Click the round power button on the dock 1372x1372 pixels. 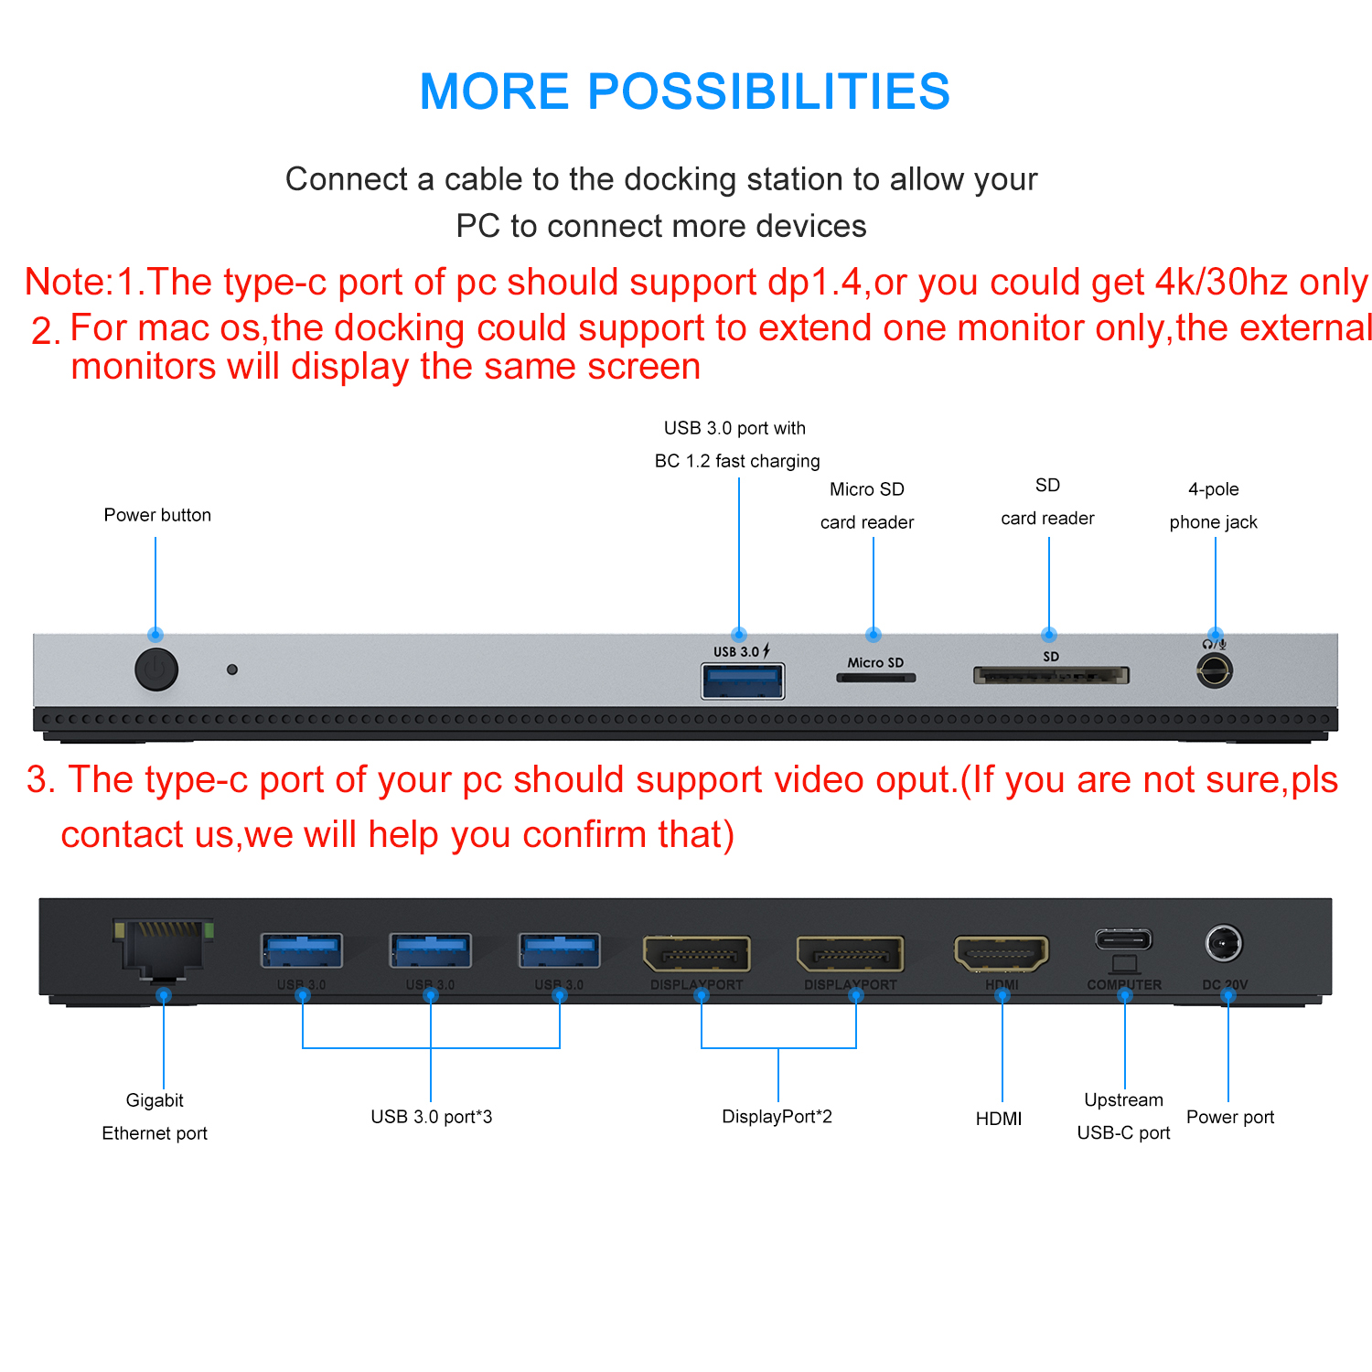(156, 670)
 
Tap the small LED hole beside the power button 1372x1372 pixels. (232, 670)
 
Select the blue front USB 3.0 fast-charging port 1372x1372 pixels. (742, 681)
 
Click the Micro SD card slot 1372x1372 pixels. (875, 679)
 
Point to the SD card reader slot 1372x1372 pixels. (1051, 676)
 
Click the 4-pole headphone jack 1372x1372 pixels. (1214, 672)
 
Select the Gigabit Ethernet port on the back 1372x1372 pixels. (163, 948)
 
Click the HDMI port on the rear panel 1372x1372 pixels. (1002, 954)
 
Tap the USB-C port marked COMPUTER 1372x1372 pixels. (1124, 939)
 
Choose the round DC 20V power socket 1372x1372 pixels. (1224, 943)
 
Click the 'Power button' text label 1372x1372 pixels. (157, 515)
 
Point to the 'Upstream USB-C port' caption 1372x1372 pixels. (1123, 1116)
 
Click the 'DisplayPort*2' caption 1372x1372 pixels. (777, 1117)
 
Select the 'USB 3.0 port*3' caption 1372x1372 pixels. (431, 1117)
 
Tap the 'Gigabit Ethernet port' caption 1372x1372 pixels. (155, 1117)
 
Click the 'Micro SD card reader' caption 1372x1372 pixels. (867, 506)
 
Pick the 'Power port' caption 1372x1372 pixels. (1230, 1117)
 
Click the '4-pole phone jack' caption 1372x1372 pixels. (1213, 506)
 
